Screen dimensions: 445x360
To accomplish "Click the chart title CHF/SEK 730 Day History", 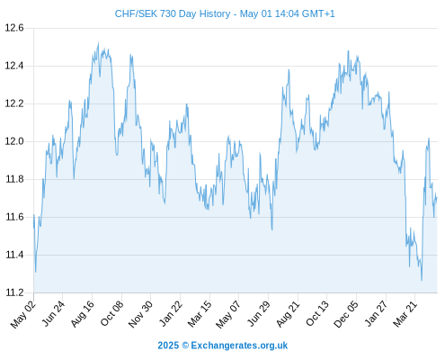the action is pos(173,13).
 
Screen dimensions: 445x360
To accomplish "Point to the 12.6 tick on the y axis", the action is pos(14,28).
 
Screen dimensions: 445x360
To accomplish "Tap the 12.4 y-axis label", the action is pos(14,66).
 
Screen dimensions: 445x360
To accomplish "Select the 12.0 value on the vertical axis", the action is pos(14,141).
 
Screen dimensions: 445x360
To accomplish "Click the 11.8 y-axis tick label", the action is pos(14,179).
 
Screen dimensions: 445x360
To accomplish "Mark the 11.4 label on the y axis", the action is pos(14,255).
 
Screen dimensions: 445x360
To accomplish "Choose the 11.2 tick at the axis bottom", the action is pos(14,292).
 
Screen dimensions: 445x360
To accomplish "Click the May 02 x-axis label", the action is pos(23,314).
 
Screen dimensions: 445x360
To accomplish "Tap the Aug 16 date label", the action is pos(83,314).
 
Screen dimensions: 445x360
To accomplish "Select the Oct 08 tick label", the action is pos(111,314).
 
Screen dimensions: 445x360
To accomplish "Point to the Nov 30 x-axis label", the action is pos(140,314).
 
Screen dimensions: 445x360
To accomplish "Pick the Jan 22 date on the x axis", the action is pos(171,314).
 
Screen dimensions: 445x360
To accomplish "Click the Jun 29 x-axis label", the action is pos(259,314).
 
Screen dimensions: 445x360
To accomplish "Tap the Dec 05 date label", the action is pos(346,314).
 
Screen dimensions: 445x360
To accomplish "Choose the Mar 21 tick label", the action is pos(405,314).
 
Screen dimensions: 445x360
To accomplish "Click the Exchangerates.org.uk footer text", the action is pos(239,346).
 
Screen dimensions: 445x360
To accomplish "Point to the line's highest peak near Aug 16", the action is pos(98,43).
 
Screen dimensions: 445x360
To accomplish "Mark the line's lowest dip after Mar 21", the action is pos(422,280).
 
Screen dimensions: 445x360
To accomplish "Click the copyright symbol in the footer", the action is pos(185,346).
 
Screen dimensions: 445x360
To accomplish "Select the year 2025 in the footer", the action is pos(168,346).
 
